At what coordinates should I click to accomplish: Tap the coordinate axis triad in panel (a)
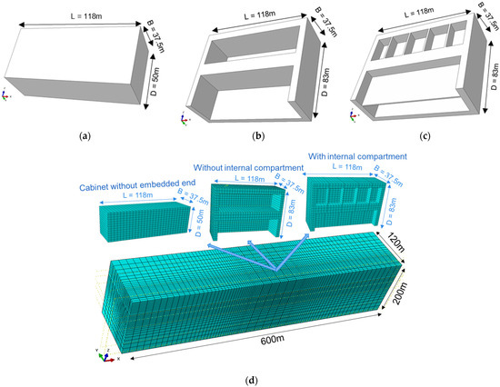pos(8,94)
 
